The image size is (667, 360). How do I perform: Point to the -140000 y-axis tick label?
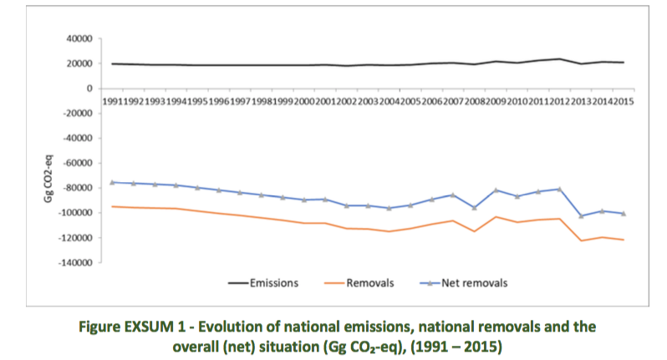74,263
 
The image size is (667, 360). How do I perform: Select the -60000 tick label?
76,163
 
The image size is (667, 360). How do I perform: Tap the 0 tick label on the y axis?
88,89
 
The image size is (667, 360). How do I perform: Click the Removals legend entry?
369,283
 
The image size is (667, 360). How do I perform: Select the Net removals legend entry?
473,283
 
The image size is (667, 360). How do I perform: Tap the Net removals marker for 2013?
581,216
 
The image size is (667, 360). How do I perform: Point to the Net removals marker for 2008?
475,208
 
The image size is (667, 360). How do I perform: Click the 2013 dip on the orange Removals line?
581,241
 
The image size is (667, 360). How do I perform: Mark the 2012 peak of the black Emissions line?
559,59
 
